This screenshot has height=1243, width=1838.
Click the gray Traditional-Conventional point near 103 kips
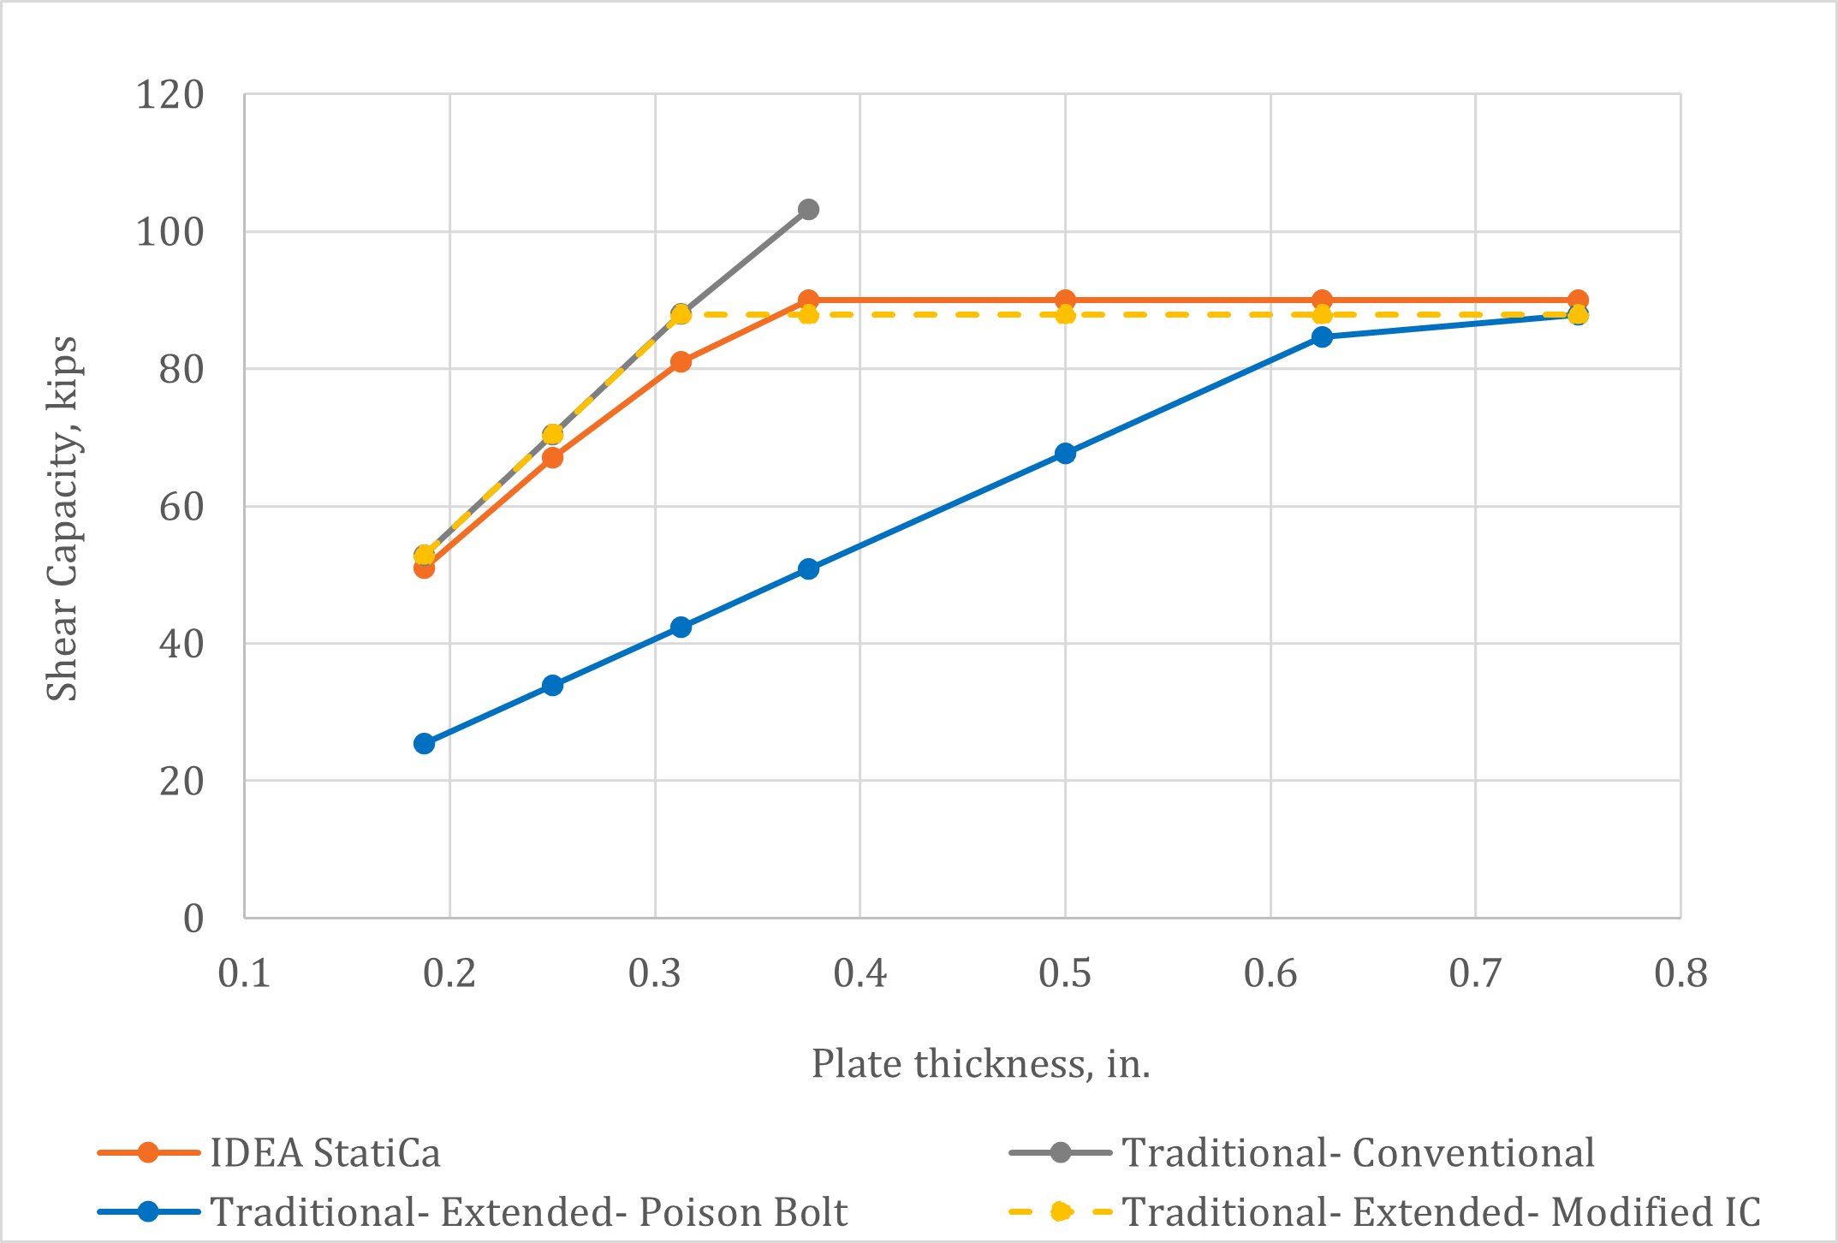pyautogui.click(x=808, y=210)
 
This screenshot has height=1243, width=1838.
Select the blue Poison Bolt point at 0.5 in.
pyautogui.click(x=1065, y=453)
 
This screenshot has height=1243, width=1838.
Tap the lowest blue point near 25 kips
pyautogui.click(x=424, y=743)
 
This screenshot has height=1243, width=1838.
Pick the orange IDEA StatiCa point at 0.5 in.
pyautogui.click(x=1065, y=300)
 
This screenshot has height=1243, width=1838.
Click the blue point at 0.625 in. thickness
pyautogui.click(x=1322, y=336)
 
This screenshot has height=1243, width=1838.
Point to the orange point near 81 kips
pyautogui.click(x=681, y=361)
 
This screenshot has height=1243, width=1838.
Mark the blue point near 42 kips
pyautogui.click(x=681, y=627)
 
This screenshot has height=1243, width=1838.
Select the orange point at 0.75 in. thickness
pyautogui.click(x=1578, y=300)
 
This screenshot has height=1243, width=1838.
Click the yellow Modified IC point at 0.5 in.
pyautogui.click(x=1065, y=315)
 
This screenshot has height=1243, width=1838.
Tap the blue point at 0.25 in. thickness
pyautogui.click(x=552, y=685)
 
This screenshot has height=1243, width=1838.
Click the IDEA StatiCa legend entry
pyautogui.click(x=325, y=1152)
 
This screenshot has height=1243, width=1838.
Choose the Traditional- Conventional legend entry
pyautogui.click(x=1358, y=1152)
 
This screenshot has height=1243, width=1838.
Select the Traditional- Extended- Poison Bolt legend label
pyautogui.click(x=528, y=1212)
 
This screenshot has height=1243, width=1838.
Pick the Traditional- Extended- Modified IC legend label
pyautogui.click(x=1441, y=1212)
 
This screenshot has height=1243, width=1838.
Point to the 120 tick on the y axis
pyautogui.click(x=170, y=94)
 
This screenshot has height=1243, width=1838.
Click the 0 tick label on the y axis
pyautogui.click(x=193, y=919)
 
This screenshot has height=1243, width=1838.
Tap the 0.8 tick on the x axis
pyautogui.click(x=1680, y=973)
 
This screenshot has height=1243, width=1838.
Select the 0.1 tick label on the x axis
pyautogui.click(x=245, y=973)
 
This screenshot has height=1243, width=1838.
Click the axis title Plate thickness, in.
pyautogui.click(x=980, y=1064)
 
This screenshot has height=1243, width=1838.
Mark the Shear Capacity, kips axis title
pyautogui.click(x=62, y=519)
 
